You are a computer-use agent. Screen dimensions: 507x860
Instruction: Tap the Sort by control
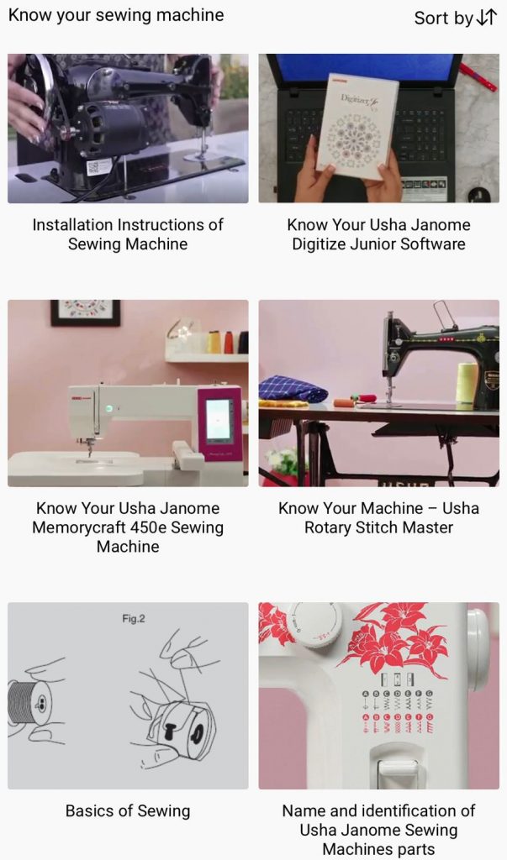click(x=456, y=18)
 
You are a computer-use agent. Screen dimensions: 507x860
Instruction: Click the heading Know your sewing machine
click(x=116, y=15)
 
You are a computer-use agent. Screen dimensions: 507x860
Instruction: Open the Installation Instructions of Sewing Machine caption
click(x=128, y=234)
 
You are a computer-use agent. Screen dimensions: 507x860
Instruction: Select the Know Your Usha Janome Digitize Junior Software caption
click(x=379, y=234)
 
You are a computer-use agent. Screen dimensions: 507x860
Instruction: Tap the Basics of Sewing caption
click(x=128, y=810)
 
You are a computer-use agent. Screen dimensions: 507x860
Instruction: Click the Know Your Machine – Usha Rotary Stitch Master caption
click(x=379, y=517)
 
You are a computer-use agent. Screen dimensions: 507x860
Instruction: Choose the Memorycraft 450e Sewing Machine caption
click(x=128, y=527)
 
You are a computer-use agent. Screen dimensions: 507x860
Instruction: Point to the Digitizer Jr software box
click(x=357, y=126)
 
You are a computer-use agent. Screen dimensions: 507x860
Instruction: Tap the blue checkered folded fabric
click(x=293, y=389)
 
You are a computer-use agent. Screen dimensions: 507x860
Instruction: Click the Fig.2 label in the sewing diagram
click(x=134, y=619)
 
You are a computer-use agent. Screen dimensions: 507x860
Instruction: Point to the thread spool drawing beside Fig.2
click(x=34, y=705)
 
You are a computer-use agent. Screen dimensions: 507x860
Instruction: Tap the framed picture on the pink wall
click(x=86, y=312)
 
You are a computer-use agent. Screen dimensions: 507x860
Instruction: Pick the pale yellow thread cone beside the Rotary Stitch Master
click(x=467, y=384)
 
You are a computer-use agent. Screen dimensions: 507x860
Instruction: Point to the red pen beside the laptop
click(x=478, y=76)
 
